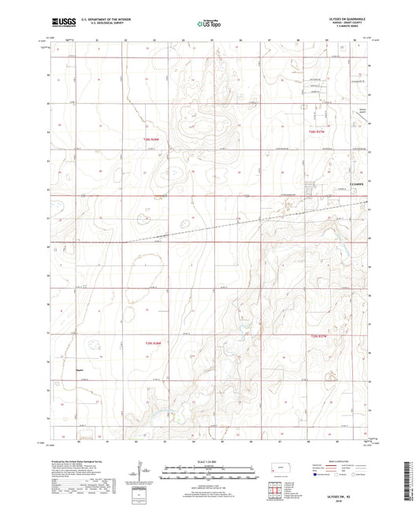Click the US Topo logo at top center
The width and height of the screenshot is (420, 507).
click(208, 24)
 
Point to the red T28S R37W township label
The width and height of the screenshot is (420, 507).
click(318, 131)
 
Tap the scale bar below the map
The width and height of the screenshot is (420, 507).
click(209, 472)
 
